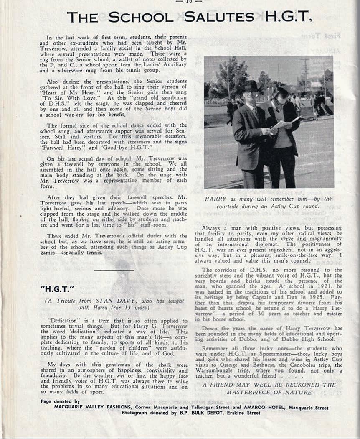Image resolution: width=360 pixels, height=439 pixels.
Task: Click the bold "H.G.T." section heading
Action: (51, 288)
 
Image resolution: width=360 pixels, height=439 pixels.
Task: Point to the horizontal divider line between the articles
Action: (114, 270)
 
